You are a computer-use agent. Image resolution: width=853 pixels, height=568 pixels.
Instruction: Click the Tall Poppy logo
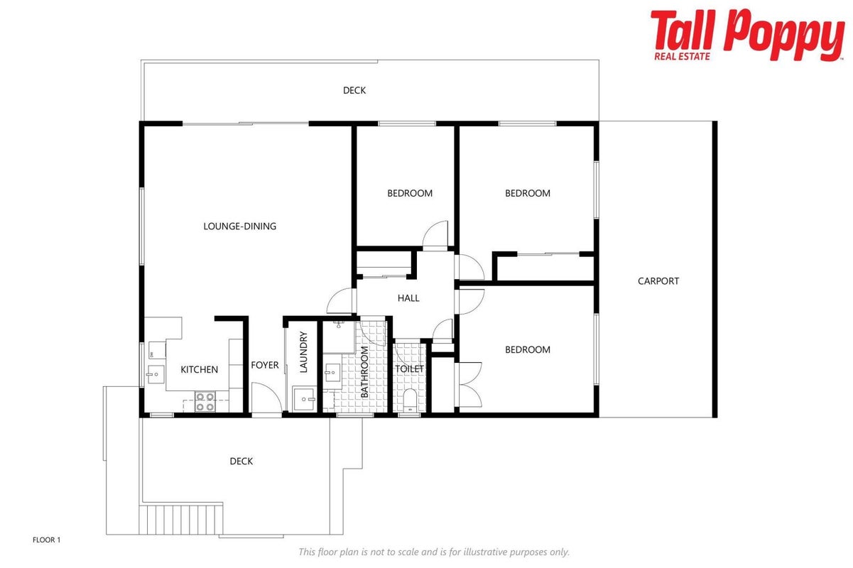[747, 35]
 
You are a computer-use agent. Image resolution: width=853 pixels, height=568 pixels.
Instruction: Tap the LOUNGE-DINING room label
[240, 226]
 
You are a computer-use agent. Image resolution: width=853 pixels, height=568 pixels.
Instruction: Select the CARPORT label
[658, 281]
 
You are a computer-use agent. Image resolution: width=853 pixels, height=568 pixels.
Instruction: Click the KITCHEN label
[199, 370]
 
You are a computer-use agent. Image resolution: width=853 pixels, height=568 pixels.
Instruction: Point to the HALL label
[408, 298]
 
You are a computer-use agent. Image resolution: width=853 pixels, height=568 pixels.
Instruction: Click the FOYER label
[265, 365]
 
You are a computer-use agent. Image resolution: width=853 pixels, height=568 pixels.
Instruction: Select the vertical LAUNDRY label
[303, 351]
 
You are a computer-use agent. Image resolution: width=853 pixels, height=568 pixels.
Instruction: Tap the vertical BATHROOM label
[364, 372]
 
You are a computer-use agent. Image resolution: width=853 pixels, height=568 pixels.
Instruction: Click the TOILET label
[409, 369]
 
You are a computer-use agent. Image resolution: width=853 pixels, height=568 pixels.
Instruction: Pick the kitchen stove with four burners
[205, 402]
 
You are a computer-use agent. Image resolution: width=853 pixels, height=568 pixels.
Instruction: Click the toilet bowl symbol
[410, 399]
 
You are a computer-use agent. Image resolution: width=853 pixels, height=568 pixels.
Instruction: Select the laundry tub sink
[304, 399]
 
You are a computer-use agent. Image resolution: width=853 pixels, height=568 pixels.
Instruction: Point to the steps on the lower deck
[181, 520]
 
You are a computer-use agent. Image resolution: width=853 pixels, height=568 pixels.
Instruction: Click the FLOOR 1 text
[46, 540]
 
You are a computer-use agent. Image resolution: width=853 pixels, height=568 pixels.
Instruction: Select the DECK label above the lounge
[354, 91]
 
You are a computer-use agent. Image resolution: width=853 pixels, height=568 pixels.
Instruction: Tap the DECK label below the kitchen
[241, 461]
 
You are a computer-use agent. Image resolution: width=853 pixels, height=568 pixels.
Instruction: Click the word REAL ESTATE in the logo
[682, 57]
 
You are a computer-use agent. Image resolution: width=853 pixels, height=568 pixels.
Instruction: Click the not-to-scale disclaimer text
[434, 552]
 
